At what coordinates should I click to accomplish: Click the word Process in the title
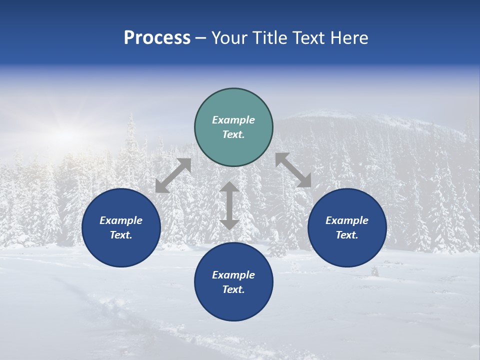click(x=157, y=38)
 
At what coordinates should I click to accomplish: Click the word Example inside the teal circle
click(x=233, y=120)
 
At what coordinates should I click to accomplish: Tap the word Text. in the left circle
click(x=121, y=235)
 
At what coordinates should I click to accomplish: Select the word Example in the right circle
click(x=347, y=220)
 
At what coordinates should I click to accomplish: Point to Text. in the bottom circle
click(x=233, y=289)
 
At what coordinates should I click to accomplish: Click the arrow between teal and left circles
click(x=173, y=175)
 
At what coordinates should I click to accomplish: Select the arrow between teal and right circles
click(x=293, y=170)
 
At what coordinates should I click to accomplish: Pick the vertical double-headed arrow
click(x=229, y=205)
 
